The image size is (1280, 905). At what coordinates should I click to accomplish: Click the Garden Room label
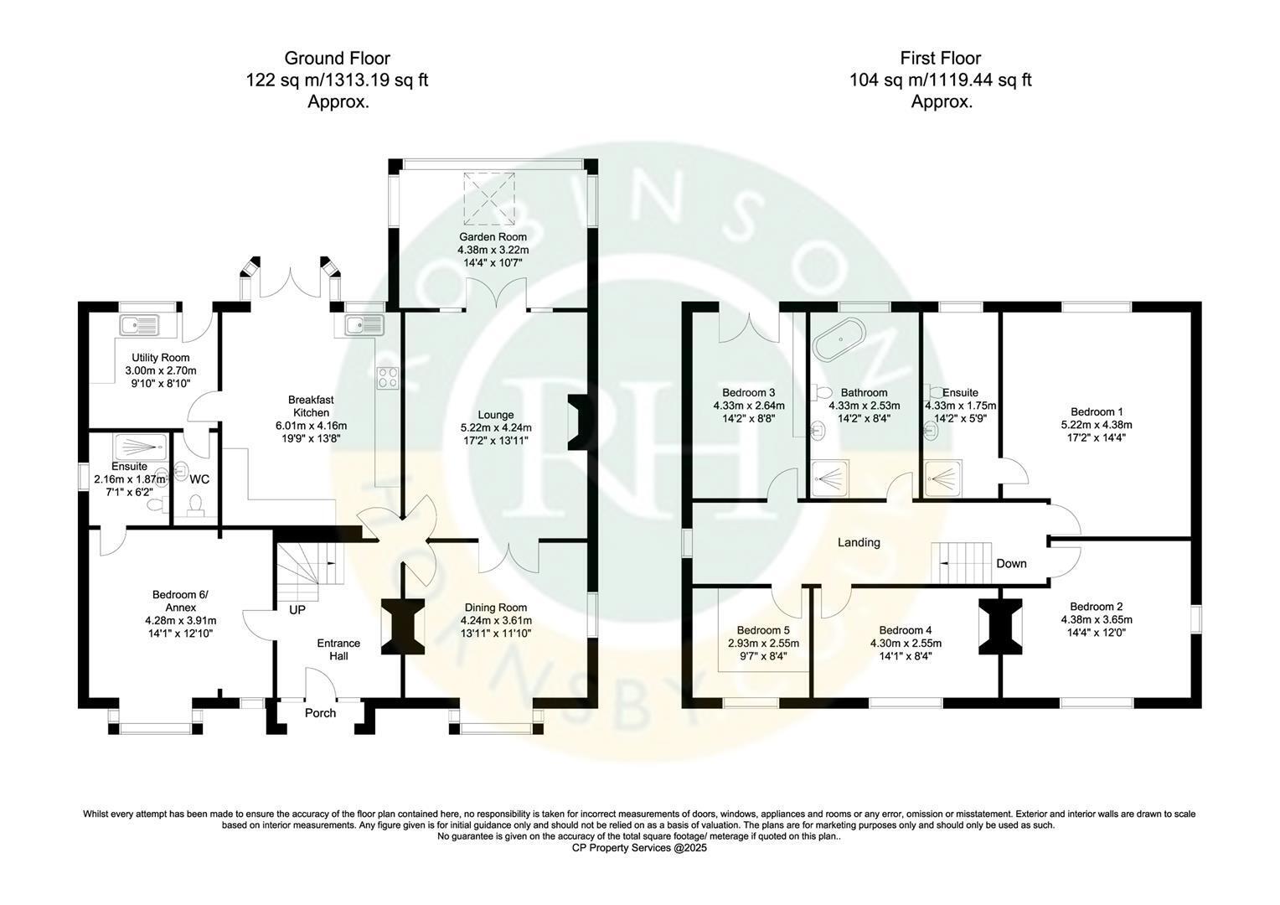(493, 236)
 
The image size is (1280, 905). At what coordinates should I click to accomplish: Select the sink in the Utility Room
(141, 325)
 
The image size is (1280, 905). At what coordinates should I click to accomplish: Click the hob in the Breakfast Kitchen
(387, 378)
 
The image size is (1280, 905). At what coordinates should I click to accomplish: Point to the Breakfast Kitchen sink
(364, 325)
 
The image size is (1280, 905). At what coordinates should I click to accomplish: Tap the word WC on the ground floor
(199, 479)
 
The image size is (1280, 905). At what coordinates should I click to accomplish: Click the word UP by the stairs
(297, 610)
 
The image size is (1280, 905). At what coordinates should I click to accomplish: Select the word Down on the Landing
(1011, 563)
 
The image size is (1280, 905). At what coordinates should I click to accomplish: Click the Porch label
(320, 713)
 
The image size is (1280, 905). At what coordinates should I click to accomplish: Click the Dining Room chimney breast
(403, 626)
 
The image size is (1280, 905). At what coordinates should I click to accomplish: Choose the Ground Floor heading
(337, 59)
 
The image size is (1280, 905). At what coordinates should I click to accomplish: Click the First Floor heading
(941, 59)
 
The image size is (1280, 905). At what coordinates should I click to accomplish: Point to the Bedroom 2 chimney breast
(1000, 626)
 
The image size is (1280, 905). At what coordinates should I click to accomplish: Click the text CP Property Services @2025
(639, 848)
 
